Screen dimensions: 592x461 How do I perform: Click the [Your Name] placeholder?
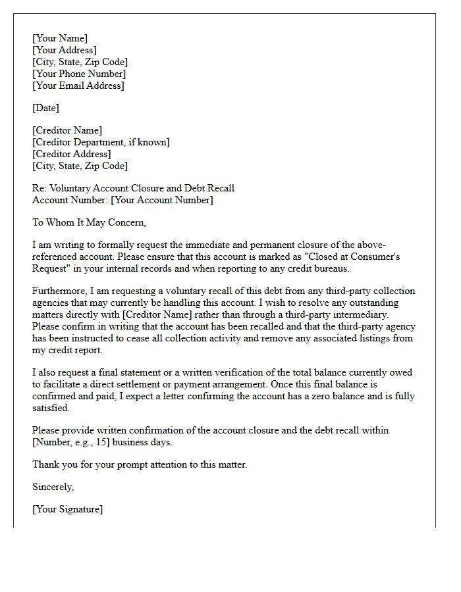[60, 38]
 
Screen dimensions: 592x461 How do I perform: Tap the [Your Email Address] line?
[78, 86]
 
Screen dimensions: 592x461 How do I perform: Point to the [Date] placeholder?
[45, 108]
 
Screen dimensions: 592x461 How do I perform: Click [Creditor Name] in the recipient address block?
[67, 130]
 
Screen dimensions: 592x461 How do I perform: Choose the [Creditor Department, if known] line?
[101, 142]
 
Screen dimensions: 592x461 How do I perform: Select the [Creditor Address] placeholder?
[72, 154]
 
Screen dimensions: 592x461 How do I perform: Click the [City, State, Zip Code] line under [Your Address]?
[80, 62]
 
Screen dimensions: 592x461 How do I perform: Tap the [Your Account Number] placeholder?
[162, 200]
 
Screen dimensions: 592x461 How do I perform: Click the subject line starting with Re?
[133, 188]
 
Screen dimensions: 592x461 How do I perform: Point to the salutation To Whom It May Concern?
[89, 222]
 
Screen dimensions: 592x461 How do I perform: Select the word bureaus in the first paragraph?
[332, 268]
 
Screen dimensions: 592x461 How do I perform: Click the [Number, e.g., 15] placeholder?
[72, 442]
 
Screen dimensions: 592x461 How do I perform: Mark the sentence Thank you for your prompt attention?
[140, 464]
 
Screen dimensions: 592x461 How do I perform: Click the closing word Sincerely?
[53, 487]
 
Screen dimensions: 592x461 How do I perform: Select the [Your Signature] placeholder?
[67, 509]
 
